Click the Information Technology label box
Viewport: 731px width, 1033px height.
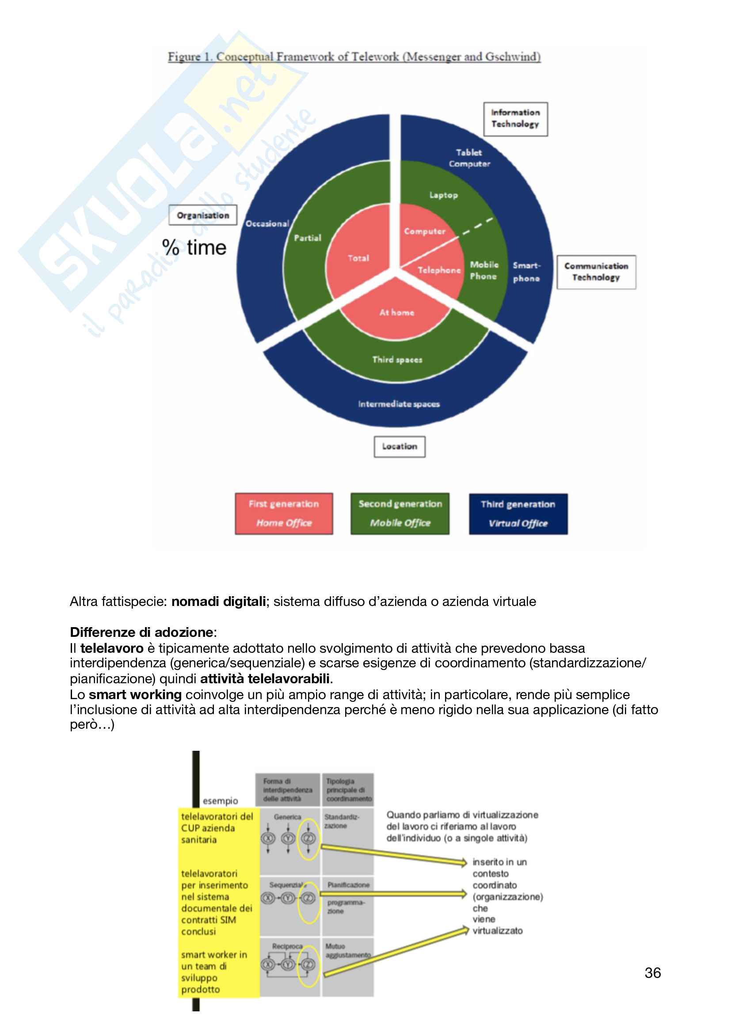515,119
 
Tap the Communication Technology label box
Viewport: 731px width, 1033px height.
596,272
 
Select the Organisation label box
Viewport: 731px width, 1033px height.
202,216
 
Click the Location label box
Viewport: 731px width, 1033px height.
399,447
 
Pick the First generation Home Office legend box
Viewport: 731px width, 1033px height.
284,513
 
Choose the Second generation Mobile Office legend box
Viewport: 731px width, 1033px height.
400,513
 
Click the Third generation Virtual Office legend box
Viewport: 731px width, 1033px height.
518,514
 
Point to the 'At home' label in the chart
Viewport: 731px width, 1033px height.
396,313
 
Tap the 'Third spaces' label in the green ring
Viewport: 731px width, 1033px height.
397,359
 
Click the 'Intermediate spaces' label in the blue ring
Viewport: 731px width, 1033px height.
399,404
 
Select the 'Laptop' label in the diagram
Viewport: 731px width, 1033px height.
443,195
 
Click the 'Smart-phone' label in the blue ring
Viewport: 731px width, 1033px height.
526,272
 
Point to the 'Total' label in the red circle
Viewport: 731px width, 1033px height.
358,258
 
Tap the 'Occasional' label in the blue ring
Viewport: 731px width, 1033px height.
267,223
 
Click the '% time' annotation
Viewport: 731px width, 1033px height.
194,248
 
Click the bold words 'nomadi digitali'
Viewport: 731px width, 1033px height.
219,602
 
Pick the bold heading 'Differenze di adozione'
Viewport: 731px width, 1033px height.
141,632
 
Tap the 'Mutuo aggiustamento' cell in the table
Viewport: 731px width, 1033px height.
347,951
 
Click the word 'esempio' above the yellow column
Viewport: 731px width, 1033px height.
220,801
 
